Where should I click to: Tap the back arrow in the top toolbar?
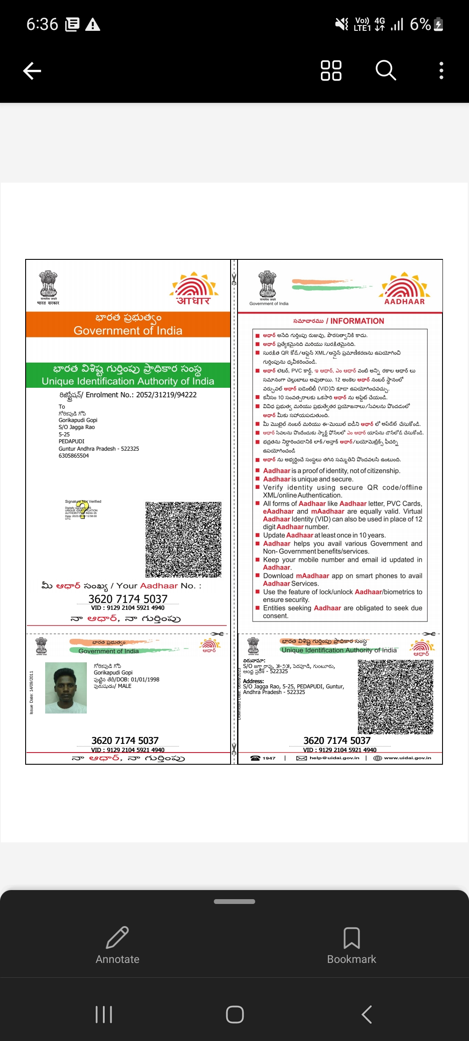point(32,71)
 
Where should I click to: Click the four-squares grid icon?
point(331,70)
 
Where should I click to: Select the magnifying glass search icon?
point(386,70)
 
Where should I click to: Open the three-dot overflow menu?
point(441,70)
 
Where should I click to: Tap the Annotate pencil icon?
point(117,938)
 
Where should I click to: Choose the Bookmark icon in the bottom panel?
point(351,938)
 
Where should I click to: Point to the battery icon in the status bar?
point(439,24)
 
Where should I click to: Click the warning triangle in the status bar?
point(92,25)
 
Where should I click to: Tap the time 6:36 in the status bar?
point(42,24)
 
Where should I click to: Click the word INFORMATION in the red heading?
point(357,321)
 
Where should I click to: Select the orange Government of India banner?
point(128,324)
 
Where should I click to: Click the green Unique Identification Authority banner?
point(128,375)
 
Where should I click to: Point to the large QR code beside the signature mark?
point(183,540)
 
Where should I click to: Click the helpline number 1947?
point(269,758)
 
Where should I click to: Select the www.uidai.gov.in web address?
point(407,758)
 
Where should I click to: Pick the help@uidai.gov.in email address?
point(334,758)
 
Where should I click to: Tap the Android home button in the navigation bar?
point(234,1015)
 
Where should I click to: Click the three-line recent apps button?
point(104,1015)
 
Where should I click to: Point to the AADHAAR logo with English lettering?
point(405,289)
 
